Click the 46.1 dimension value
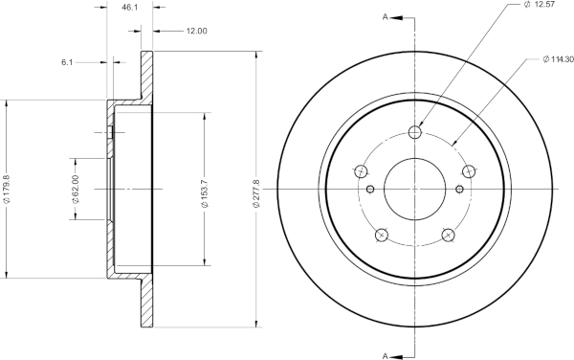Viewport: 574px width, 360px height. [x=129, y=8]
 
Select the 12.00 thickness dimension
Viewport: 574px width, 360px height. [x=196, y=32]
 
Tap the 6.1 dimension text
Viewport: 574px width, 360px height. [x=67, y=62]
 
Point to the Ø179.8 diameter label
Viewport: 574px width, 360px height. [x=7, y=189]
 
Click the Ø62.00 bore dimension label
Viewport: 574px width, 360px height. [x=76, y=189]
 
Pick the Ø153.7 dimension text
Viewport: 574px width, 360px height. [x=205, y=193]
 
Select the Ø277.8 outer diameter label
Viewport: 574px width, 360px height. [x=256, y=193]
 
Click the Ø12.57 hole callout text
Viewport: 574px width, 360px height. [x=540, y=5]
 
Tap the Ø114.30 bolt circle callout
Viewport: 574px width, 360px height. [x=559, y=59]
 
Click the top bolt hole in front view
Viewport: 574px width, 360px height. [x=415, y=132]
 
